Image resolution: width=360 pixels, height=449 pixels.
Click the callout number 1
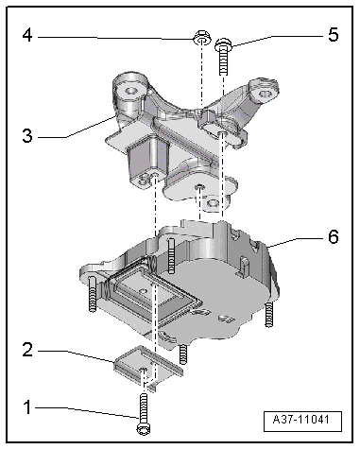click(27, 407)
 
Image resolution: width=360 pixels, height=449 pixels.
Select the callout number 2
click(27, 350)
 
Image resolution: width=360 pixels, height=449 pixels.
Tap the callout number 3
click(27, 136)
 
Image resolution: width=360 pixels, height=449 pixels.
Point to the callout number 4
click(27, 35)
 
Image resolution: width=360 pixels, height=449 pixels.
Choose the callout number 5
click(333, 34)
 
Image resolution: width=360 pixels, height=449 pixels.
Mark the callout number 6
click(334, 236)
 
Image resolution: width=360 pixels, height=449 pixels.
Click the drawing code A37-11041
click(302, 420)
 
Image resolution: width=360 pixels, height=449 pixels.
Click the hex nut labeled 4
click(201, 38)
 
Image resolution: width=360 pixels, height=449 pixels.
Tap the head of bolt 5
click(223, 44)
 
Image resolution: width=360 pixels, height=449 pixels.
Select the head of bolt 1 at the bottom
click(144, 428)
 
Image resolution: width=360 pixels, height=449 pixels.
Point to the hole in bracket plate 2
click(143, 370)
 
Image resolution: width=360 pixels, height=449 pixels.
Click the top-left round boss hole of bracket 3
click(130, 92)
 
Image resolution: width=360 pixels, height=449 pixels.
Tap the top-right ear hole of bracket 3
click(266, 94)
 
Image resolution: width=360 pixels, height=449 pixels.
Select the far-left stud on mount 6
click(92, 294)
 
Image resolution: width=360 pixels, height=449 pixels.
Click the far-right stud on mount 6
click(268, 314)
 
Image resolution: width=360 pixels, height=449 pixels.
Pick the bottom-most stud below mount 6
click(183, 354)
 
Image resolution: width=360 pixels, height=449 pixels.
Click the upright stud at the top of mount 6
click(171, 255)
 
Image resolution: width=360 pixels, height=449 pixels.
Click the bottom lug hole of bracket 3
click(212, 203)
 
